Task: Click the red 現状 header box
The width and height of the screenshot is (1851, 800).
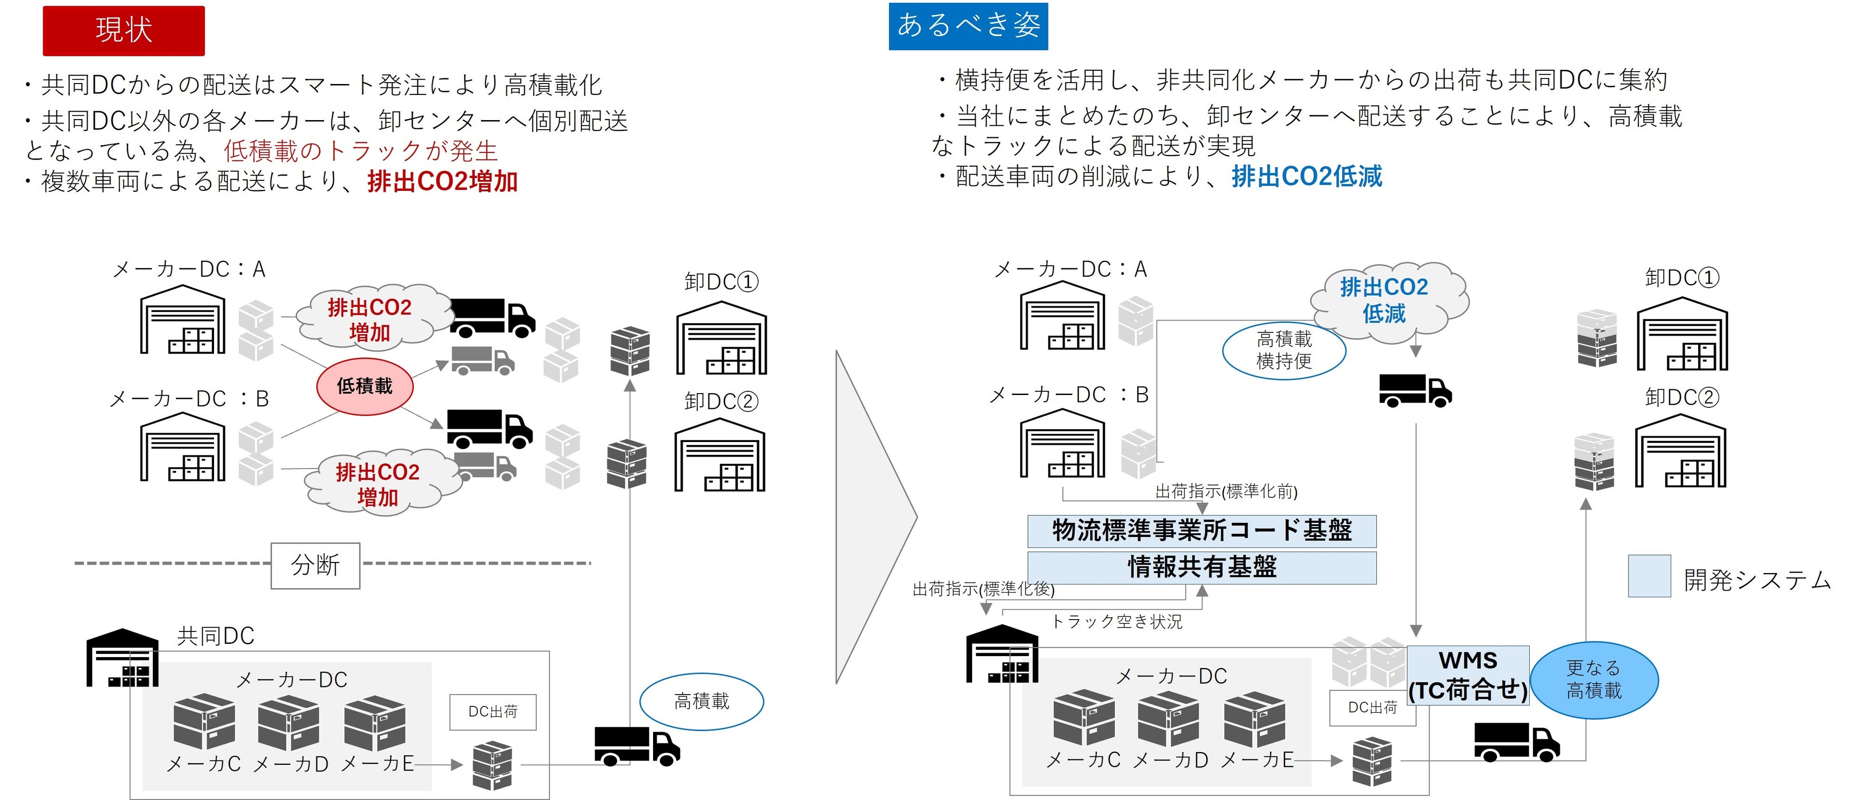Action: tap(123, 31)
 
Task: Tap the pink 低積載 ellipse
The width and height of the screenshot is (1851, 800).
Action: tap(365, 386)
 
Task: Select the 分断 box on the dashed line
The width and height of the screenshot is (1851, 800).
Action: tap(316, 565)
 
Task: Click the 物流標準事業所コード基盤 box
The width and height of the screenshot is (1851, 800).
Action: tap(1201, 531)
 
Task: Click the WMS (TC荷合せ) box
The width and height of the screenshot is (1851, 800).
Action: tap(1468, 676)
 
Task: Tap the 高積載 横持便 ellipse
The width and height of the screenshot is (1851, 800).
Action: tap(1284, 350)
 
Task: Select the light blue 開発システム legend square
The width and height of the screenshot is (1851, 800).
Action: tap(1649, 576)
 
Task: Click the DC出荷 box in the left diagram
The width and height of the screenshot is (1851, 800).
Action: tap(493, 712)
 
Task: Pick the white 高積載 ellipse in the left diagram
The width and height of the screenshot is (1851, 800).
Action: tap(701, 702)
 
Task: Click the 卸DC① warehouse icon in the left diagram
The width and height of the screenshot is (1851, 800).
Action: tap(721, 338)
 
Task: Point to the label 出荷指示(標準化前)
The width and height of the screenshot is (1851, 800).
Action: tap(1226, 492)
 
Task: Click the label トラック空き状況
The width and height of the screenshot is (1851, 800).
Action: tap(1117, 622)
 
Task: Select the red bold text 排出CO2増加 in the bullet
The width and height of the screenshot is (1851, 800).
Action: tap(443, 181)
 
